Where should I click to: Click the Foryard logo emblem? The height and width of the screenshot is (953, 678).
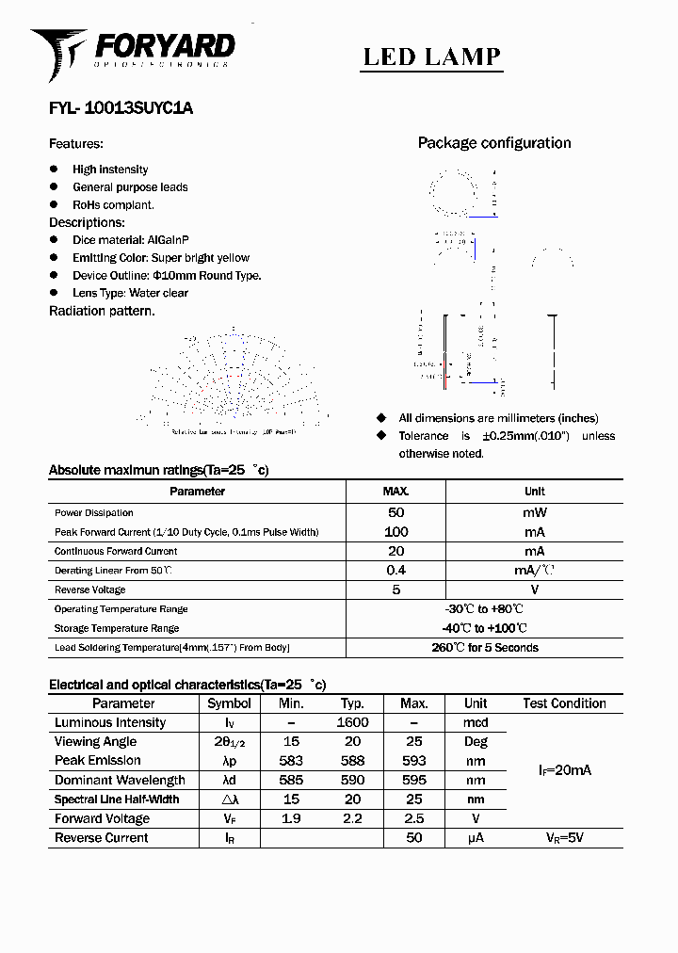57,53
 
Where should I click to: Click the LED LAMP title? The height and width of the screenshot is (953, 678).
432,57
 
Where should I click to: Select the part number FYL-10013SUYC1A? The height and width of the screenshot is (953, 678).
121,108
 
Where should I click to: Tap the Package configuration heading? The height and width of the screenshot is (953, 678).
494,143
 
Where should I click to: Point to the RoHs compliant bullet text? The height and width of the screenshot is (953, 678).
113,204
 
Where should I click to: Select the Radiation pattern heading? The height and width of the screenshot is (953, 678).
102,311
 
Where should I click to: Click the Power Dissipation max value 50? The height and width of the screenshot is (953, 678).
395,512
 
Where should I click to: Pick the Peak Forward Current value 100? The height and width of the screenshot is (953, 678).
395,532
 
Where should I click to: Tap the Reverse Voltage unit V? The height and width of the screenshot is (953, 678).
534,590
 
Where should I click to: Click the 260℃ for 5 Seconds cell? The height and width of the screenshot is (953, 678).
485,648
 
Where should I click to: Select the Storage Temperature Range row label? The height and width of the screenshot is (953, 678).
117,628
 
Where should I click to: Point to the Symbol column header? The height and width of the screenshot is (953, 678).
229,703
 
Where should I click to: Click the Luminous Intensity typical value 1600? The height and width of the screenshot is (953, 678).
352,722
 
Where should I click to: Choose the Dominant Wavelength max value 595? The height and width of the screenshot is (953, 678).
413,780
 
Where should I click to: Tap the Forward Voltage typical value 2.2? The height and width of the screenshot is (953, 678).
352,818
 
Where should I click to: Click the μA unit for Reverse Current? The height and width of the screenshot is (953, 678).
476,837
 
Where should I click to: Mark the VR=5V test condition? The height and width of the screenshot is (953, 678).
564,837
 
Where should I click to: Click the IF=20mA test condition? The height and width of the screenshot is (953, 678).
564,770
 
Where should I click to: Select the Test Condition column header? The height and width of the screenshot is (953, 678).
564,703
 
